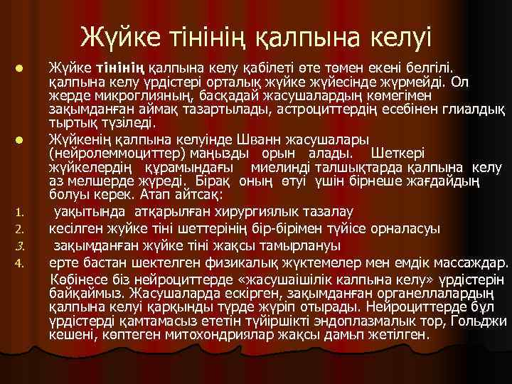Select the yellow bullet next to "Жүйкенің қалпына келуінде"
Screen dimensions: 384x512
[x=21, y=139]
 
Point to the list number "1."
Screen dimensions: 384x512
[x=21, y=212]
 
